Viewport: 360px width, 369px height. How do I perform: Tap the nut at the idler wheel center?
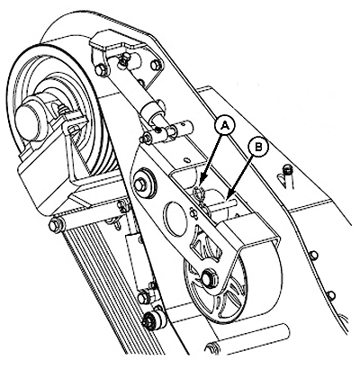207,277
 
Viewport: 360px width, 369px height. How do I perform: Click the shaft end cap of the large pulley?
29,115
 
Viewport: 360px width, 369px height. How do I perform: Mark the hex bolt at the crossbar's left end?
55,225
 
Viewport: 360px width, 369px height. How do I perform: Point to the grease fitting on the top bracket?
123,60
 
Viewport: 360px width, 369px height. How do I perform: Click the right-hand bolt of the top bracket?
155,67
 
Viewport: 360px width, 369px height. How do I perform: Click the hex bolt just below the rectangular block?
143,298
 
